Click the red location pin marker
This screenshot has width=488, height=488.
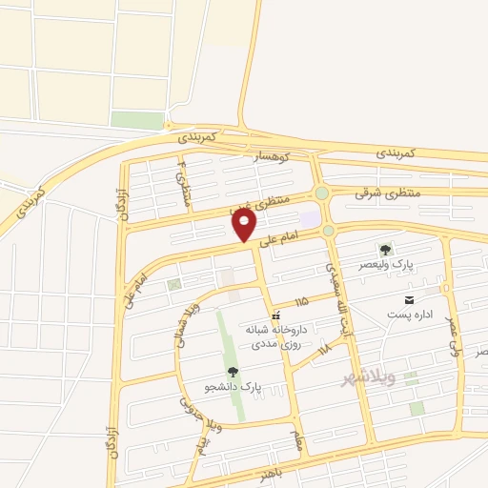pos(245,226)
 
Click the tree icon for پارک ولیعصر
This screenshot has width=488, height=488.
pos(386,249)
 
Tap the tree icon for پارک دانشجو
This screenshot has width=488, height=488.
pos(233,372)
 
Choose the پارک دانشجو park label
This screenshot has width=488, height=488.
pos(233,386)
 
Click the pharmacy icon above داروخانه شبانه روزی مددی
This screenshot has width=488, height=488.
pos(275,315)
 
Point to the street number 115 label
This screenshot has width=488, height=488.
pos(302,301)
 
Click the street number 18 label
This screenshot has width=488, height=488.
pos(325,348)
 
